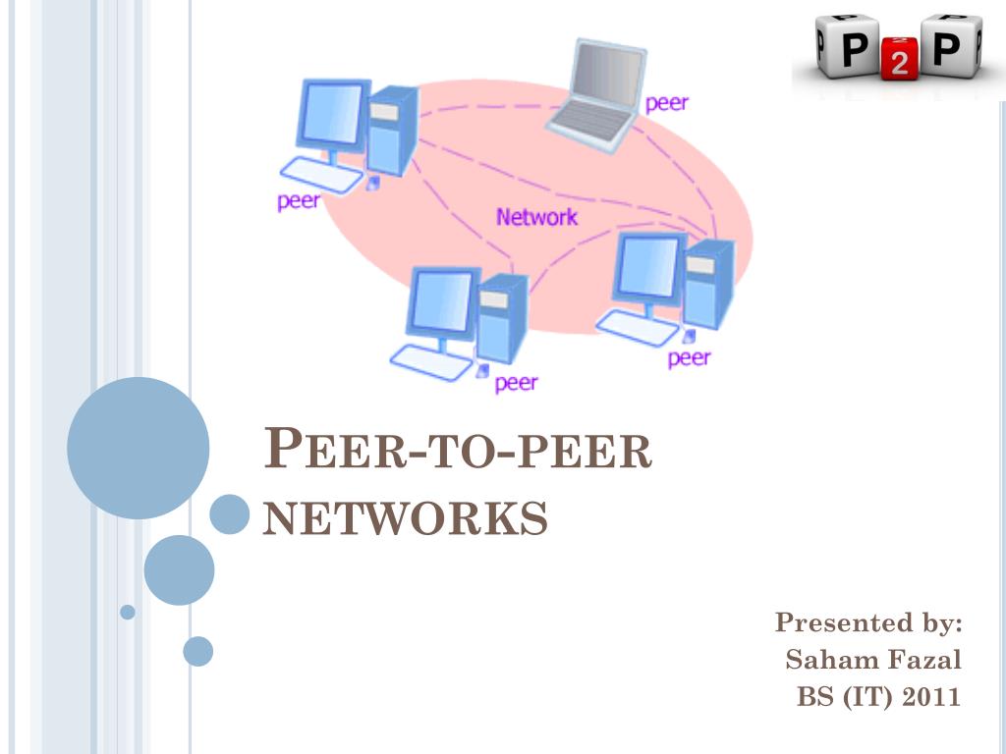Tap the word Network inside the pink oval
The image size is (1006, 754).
point(536,217)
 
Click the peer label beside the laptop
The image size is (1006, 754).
point(666,102)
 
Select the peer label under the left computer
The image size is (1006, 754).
point(299,200)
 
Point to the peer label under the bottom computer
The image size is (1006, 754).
point(516,382)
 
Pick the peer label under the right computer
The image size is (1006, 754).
point(689,357)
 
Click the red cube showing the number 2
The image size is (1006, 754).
point(899,61)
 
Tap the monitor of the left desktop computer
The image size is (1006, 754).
point(330,116)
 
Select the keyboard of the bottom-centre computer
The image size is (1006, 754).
point(433,362)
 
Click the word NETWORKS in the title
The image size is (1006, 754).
point(406,517)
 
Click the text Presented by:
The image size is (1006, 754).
point(868,622)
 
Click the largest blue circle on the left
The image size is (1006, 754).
point(138,448)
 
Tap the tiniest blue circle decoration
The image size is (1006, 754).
point(127,612)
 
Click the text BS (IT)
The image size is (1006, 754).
point(843,697)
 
